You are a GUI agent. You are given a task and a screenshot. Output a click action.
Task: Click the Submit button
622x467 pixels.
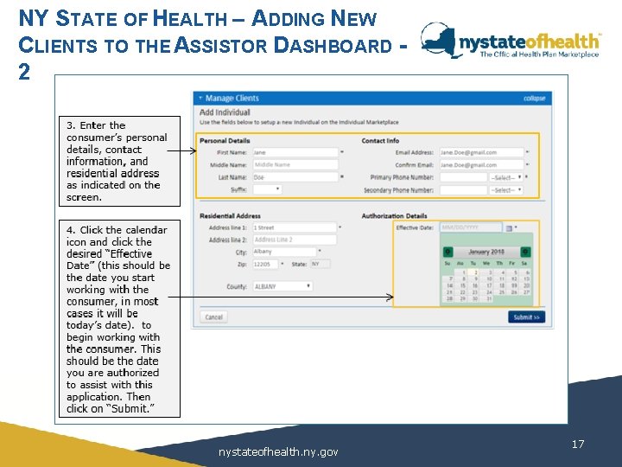[x=526, y=317]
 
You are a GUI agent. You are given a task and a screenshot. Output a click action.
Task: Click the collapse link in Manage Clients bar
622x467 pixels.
[x=534, y=99]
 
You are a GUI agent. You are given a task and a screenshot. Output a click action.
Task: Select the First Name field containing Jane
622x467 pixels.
[x=294, y=152]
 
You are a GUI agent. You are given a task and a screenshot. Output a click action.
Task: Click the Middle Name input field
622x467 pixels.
[x=294, y=164]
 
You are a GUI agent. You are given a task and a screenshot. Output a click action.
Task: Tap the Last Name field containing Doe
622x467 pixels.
[x=294, y=176]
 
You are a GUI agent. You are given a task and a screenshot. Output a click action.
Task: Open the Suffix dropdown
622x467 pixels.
[x=267, y=189]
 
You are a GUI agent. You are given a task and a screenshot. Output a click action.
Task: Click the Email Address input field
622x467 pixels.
[x=481, y=152]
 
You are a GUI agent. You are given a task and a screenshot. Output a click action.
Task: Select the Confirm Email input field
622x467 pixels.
[x=481, y=164]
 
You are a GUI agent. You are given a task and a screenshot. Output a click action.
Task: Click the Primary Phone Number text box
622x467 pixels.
[x=463, y=177]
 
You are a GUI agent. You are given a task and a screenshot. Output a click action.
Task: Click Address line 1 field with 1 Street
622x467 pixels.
[x=294, y=227]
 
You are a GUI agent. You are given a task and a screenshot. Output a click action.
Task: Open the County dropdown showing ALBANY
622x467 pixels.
[x=282, y=285]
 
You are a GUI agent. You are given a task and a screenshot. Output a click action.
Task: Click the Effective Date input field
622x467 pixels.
[x=470, y=227]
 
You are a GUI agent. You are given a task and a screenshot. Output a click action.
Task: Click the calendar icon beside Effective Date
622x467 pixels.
[x=509, y=228]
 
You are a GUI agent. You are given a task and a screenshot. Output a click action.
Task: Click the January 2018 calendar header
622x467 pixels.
[x=486, y=252]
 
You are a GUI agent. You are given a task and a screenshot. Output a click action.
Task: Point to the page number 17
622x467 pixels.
[x=578, y=444]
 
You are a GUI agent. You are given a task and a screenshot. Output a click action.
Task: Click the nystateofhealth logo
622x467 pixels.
[x=510, y=42]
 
